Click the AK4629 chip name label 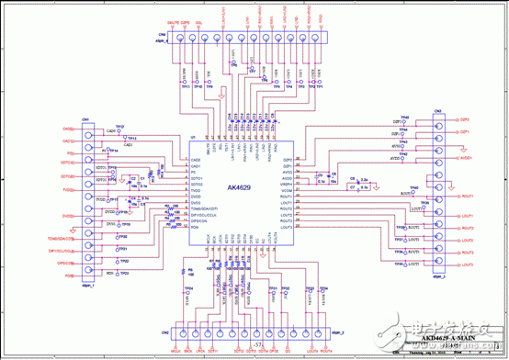click(241, 187)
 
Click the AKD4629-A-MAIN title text click(449, 338)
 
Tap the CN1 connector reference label click(85, 119)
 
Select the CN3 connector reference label click(438, 111)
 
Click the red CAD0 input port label click(67, 129)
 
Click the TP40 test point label click(415, 187)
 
